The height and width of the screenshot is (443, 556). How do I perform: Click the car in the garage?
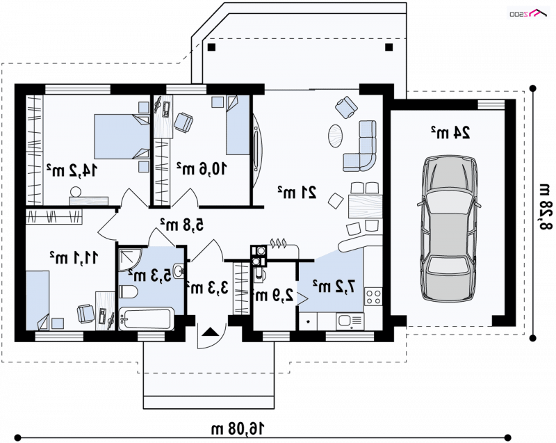pyautogui.click(x=448, y=228)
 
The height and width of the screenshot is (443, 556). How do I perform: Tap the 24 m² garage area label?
pyautogui.click(x=450, y=132)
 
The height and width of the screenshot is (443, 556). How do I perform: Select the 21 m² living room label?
pyautogui.click(x=297, y=192)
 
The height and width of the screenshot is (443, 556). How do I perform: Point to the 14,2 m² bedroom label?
pyautogui.click(x=72, y=170)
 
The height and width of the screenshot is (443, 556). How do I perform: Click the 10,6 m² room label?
pyautogui.click(x=202, y=168)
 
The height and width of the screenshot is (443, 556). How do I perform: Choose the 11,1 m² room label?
pyautogui.click(x=74, y=257)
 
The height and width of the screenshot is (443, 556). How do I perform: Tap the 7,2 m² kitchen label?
pyautogui.click(x=334, y=287)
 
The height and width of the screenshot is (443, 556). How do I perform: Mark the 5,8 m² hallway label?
pyautogui.click(x=182, y=225)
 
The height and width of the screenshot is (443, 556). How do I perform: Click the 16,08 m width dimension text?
pyautogui.click(x=238, y=429)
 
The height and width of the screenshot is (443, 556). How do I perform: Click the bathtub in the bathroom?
pyautogui.click(x=147, y=319)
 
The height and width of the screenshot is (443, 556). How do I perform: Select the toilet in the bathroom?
pyautogui.click(x=128, y=292)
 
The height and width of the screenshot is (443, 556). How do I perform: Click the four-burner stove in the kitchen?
pyautogui.click(x=373, y=297)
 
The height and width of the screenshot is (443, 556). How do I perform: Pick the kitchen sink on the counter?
pyautogui.click(x=350, y=321)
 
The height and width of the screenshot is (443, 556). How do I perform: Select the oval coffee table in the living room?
pyautogui.click(x=335, y=136)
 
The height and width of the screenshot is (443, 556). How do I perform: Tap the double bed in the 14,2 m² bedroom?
pyautogui.click(x=122, y=136)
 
